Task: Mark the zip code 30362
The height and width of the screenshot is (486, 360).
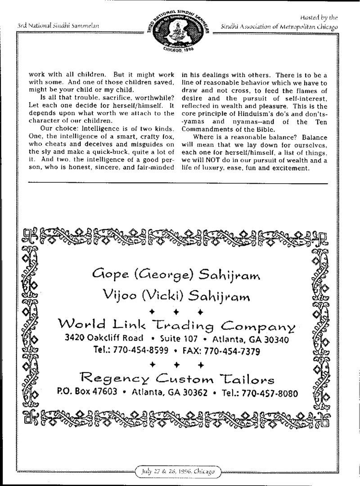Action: pyautogui.click(x=194, y=392)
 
